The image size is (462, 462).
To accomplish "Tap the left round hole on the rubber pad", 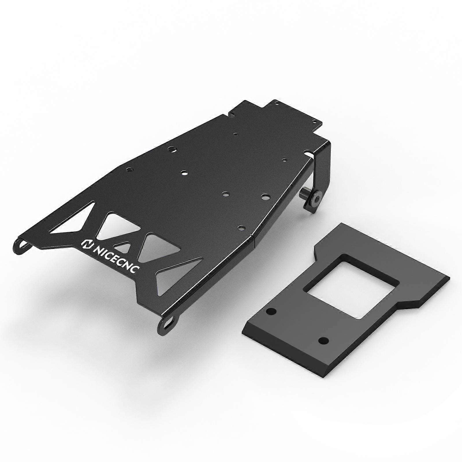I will tap(271, 312).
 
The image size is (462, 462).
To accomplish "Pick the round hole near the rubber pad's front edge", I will tap(323, 341).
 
